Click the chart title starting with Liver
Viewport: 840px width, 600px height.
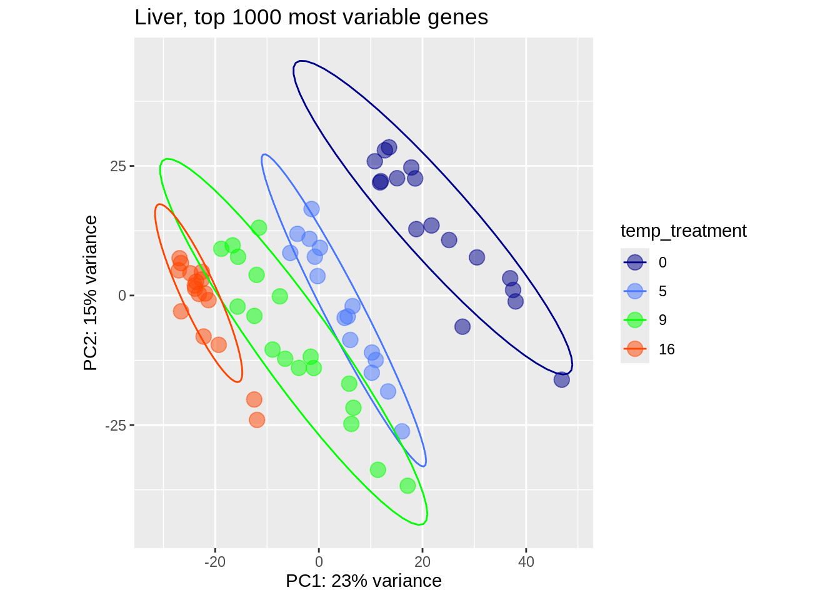[311, 17]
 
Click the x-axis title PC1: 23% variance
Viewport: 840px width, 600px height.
[363, 581]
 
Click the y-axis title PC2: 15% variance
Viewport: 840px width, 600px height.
[91, 292]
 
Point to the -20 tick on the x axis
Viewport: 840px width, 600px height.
[215, 561]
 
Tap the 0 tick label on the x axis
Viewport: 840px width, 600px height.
[319, 561]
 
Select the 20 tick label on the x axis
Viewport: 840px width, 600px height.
[422, 561]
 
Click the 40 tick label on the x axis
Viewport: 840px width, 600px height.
[526, 561]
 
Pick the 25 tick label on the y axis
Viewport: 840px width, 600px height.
[118, 166]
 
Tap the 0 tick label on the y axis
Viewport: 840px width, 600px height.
[122, 296]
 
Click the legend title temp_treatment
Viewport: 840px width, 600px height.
[683, 231]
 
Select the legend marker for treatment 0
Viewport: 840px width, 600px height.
[635, 262]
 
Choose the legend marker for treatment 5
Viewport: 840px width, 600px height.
[635, 291]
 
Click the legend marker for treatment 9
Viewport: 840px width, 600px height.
[635, 320]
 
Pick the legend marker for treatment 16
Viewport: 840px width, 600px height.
[635, 349]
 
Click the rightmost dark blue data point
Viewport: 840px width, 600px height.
[561, 379]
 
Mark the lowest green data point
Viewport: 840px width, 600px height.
[407, 486]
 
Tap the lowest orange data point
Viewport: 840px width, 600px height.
[257, 420]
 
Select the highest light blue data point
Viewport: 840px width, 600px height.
[311, 209]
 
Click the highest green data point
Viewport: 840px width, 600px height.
[259, 227]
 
